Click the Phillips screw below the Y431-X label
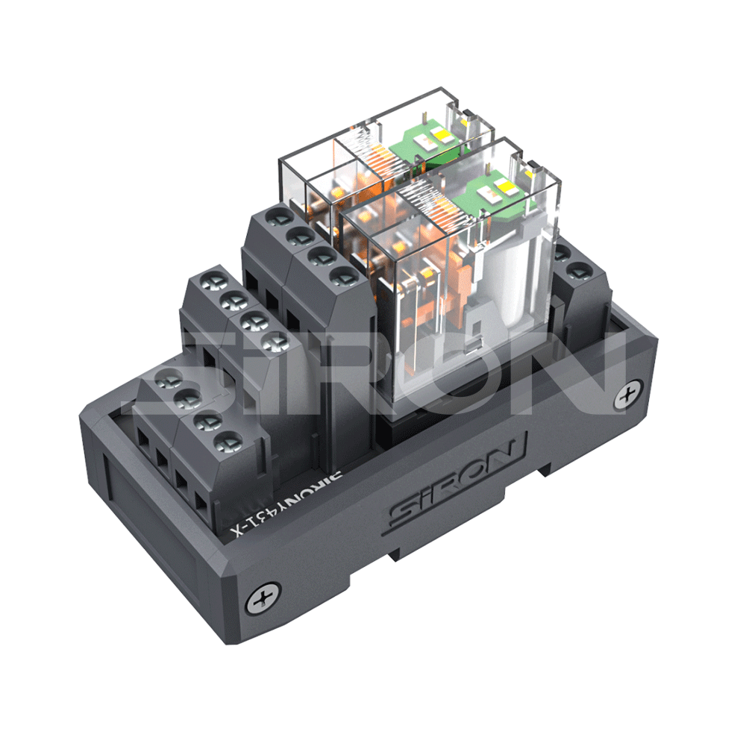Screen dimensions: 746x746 point(263,598)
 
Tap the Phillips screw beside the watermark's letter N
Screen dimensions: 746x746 point(627,395)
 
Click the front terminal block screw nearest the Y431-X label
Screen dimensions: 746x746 point(228,442)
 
